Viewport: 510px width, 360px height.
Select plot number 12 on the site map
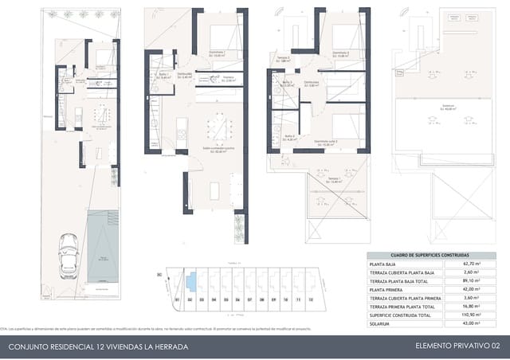310,299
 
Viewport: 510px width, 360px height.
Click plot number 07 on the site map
250,299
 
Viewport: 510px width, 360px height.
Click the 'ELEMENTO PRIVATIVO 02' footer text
457,346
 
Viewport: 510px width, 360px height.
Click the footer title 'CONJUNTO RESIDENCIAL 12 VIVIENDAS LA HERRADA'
98,346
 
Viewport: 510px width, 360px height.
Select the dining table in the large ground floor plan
216,127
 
